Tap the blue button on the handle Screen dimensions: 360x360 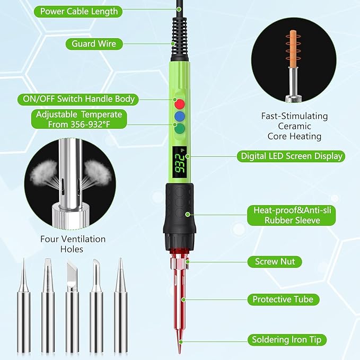180,116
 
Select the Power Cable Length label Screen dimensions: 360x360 79,11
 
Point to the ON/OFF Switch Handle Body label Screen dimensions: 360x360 78,99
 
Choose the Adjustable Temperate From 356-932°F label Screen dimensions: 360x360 79,119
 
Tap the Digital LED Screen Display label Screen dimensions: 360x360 291,156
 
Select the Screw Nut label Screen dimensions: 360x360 274,261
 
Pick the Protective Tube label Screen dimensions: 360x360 283,300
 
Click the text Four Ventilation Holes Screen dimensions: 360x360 73,244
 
